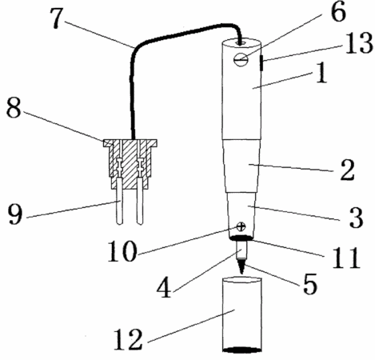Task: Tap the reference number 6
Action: tap(338, 12)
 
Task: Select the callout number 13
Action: tap(358, 43)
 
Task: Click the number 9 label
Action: tap(15, 214)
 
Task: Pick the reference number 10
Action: tap(122, 250)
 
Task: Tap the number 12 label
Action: tap(128, 339)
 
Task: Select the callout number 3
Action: tap(356, 217)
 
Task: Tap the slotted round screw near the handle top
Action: tap(241, 60)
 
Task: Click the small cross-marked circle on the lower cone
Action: tap(241, 227)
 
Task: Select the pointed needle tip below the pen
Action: tap(241, 266)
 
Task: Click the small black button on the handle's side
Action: tap(261, 63)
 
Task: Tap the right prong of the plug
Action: tap(140, 202)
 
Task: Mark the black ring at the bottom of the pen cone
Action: tap(241, 238)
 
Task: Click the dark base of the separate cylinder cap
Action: tap(242, 350)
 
